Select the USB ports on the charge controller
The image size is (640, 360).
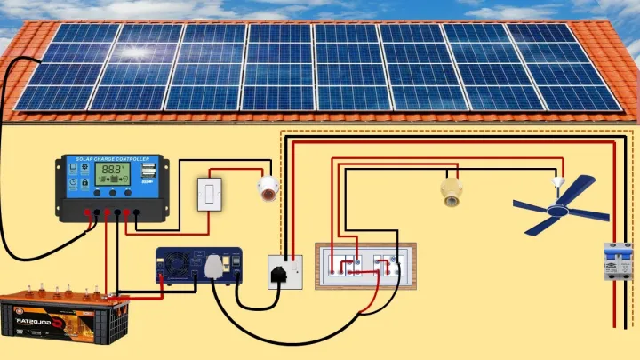[148, 168]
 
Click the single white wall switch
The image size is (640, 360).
[209, 193]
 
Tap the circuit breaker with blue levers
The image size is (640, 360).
[612, 263]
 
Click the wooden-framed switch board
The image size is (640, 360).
[364, 265]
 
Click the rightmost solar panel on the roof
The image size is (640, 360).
[578, 68]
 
